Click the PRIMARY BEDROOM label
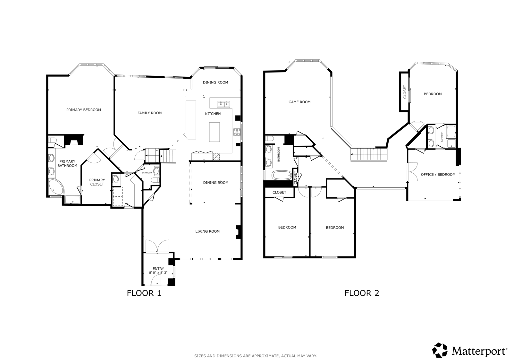point(84,110)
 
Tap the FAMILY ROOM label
point(149,113)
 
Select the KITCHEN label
point(213,114)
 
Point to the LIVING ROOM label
point(207,231)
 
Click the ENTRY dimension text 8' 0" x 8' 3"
point(158,273)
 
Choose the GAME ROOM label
point(299,102)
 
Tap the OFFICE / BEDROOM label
point(438,175)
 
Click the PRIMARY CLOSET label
point(97,182)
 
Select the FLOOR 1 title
point(144,293)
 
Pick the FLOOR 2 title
point(362,293)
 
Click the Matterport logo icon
point(440,350)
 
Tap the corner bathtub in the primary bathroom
point(56,187)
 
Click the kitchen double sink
point(223,104)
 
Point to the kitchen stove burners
point(237,132)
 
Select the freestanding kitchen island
point(214,132)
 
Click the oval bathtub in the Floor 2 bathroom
point(282,176)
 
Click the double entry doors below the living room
point(157,246)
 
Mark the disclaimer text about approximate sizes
point(256,356)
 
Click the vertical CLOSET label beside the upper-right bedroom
point(405,92)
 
